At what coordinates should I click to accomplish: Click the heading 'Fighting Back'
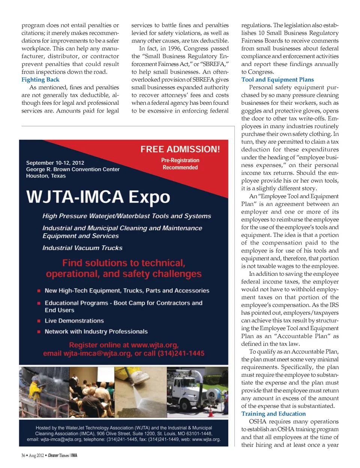40,80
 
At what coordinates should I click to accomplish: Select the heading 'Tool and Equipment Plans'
277,80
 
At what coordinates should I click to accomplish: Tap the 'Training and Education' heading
273,414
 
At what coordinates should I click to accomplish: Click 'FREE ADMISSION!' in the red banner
180,149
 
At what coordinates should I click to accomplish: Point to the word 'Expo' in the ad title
149,197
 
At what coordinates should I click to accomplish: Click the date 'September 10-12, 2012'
55,163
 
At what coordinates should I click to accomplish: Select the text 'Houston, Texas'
46,176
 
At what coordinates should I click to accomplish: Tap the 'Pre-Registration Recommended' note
180,164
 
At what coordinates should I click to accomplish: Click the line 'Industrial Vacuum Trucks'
82,248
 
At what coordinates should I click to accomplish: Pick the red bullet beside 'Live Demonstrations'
39,321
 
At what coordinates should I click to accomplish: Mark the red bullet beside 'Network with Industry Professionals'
39,332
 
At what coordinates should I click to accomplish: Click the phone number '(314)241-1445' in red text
181,353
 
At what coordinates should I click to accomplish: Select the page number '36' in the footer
23,456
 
